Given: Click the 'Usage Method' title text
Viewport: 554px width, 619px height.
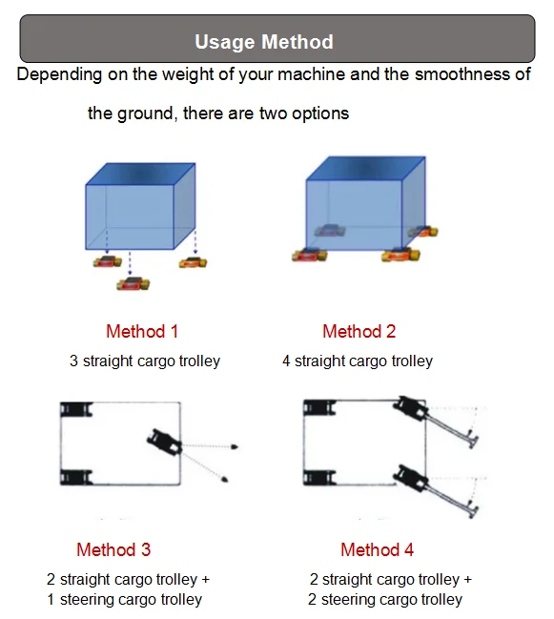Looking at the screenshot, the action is pos(264,42).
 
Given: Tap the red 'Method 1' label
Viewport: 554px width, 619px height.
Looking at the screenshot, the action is pos(142,331).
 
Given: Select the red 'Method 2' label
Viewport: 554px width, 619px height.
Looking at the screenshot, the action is pos(359,331).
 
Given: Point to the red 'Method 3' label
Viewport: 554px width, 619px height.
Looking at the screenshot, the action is pos(113,549).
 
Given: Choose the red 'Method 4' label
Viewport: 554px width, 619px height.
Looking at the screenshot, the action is pos(378,549).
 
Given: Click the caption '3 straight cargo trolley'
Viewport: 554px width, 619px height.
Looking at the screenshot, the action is pos(145,361).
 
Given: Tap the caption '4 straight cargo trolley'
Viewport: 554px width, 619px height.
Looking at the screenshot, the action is pos(358,361).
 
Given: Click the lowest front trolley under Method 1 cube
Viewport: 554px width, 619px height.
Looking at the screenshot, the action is pos(133,284).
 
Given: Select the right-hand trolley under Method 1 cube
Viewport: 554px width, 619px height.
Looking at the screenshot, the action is pos(193,262).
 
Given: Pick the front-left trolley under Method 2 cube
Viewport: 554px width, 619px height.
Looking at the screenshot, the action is pos(310,256).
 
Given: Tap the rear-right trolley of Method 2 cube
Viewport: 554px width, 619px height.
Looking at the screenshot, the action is pos(423,231).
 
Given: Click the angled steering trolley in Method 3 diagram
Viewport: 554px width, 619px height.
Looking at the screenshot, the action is pos(165,442).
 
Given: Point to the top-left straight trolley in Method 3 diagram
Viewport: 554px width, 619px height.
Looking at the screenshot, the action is pos(76,409).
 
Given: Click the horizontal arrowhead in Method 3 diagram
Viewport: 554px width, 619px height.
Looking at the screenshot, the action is pos(235,447).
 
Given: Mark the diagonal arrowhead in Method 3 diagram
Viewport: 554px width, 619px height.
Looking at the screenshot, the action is pos(224,480).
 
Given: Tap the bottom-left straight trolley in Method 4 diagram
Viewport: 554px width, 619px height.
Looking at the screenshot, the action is pos(319,478).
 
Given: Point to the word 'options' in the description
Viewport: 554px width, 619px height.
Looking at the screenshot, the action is pos(320,113).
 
